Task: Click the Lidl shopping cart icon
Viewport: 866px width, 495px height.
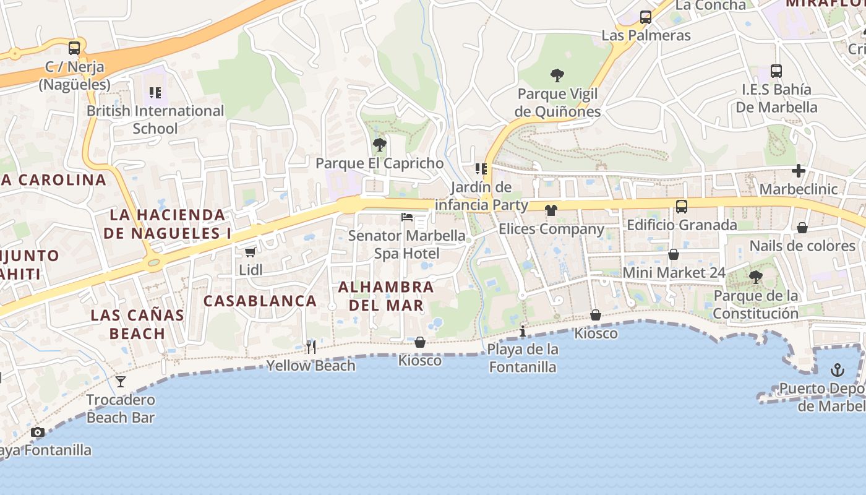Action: coord(250,252)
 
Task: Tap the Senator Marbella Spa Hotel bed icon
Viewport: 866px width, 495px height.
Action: coord(407,217)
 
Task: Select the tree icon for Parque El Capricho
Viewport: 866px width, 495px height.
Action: coord(379,145)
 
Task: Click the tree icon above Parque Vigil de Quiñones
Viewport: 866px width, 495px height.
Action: coord(557,75)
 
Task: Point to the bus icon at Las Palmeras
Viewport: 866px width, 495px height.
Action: coord(646,17)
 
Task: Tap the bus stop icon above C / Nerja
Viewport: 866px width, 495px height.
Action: coord(74,48)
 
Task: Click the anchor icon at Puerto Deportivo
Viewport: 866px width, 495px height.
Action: coord(837,370)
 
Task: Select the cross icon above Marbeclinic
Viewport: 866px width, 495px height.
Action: coord(799,171)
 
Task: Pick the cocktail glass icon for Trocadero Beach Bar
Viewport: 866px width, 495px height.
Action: coord(121,381)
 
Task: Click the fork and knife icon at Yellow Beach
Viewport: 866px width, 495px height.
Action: coord(311,347)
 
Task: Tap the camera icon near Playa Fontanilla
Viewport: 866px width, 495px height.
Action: coord(38,432)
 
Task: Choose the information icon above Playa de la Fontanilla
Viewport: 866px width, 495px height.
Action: coord(523,331)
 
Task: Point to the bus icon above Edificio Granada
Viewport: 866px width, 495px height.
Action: coord(682,207)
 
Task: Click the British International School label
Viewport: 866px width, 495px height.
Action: coord(155,119)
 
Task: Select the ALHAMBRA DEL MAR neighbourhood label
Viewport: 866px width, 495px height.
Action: coord(386,296)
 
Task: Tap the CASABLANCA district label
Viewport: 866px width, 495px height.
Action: coord(260,301)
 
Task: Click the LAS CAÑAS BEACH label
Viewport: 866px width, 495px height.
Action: coord(137,324)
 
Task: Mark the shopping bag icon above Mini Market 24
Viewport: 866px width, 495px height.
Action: coord(674,254)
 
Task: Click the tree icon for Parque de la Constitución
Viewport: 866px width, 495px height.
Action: coord(755,277)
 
